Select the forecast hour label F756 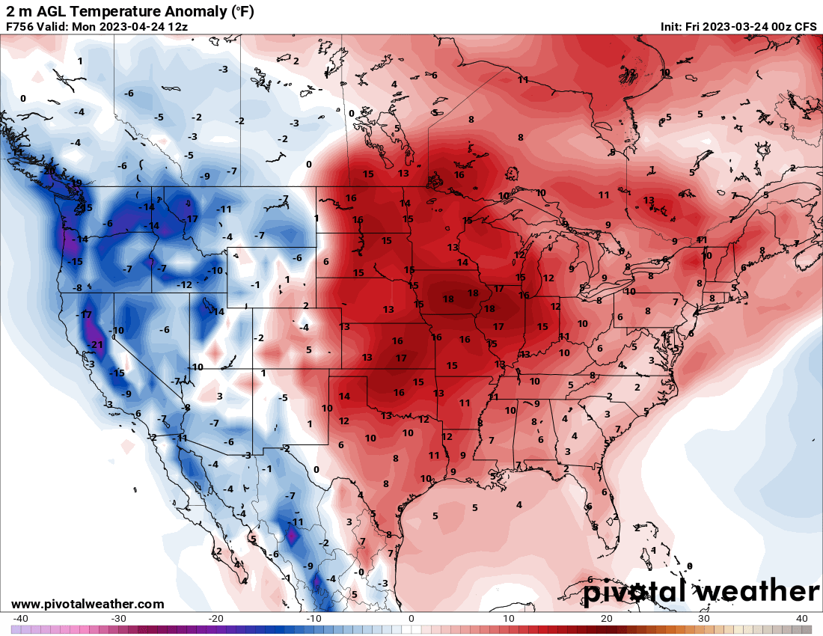20,26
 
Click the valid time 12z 178,26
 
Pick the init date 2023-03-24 745,26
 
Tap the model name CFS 805,26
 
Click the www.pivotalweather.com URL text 88,604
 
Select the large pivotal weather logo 701,591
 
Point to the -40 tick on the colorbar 21,619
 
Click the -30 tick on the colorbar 118,619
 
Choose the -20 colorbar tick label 215,619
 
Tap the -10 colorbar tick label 313,619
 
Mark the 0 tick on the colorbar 411,619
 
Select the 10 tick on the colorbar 509,619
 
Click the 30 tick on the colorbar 704,619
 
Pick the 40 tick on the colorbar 801,619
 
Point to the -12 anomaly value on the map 184,285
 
